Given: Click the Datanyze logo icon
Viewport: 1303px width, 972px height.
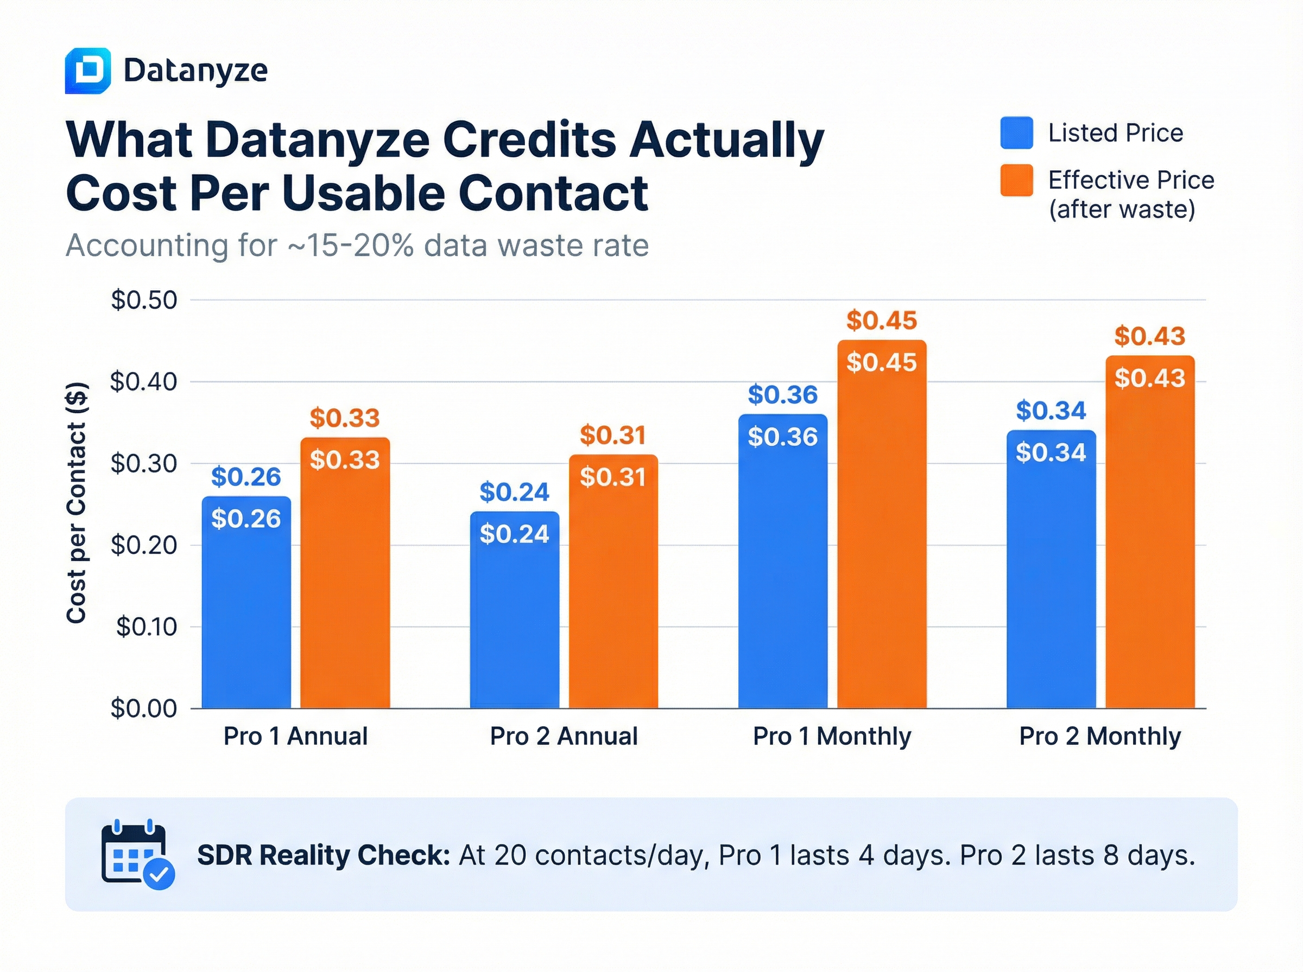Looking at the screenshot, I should click(88, 71).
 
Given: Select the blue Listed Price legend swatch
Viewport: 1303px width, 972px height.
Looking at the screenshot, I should click(1016, 132).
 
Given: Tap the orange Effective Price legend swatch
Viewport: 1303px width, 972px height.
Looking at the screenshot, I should click(1016, 180).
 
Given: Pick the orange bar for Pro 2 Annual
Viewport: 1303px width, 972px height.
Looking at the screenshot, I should click(613, 589).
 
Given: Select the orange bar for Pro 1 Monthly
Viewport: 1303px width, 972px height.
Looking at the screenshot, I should click(881, 529).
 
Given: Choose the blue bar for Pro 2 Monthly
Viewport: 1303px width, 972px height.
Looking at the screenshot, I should click(1051, 577).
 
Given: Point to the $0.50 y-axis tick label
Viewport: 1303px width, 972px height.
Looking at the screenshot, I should click(144, 300).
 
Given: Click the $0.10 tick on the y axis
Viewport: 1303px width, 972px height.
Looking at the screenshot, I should click(147, 626).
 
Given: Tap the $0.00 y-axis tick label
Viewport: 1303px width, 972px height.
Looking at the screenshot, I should click(144, 708).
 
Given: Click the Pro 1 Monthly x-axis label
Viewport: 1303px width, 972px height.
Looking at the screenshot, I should click(831, 736).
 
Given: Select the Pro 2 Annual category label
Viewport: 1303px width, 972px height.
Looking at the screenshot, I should click(564, 736).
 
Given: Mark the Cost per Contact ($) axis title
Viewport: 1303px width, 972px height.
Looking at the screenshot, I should click(77, 503).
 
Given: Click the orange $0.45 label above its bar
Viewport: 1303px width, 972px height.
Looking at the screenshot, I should click(881, 321).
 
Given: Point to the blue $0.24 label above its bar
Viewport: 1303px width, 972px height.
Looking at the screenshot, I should click(514, 492).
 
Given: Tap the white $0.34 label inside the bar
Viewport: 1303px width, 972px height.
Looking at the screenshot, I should click(1051, 452).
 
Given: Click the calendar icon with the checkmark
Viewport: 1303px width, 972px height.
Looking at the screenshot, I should click(138, 854).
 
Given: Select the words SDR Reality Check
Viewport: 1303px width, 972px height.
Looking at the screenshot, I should click(323, 855).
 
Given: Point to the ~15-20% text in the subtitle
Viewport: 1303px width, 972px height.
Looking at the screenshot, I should click(351, 245).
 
